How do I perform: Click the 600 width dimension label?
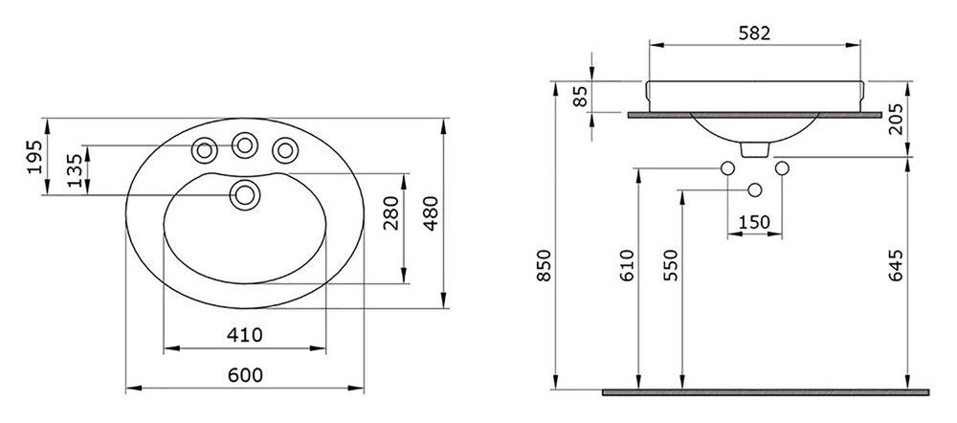245,375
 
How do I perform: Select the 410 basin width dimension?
245,335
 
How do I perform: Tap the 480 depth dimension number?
431,213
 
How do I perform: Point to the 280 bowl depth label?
391,213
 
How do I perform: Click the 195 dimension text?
34,157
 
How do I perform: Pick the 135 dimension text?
74,170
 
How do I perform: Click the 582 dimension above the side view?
754,33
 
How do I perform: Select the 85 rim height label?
581,97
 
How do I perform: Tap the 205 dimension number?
896,118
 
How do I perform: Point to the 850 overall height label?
545,265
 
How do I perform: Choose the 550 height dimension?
671,265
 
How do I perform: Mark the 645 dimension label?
896,265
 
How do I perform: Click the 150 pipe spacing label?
754,223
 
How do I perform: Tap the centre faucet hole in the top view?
245,145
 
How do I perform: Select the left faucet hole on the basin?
205,150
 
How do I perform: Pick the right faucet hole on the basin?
285,150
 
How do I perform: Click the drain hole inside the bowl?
245,194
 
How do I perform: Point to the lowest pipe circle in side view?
754,189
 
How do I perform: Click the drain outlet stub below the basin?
754,149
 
